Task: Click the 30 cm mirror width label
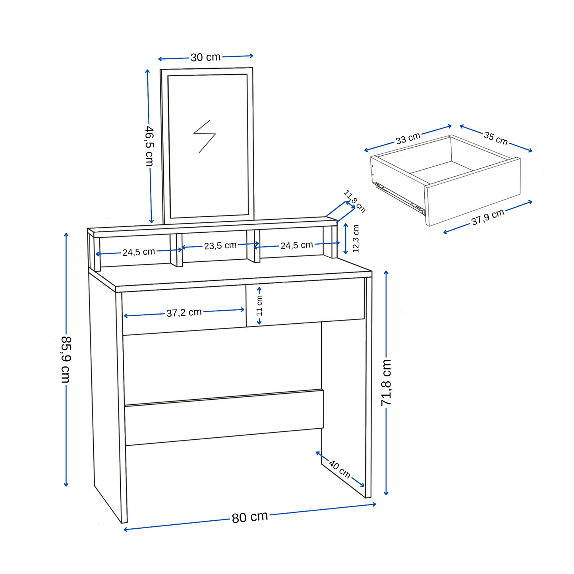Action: click(x=205, y=57)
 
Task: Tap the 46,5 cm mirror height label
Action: click(x=149, y=146)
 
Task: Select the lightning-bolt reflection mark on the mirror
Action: click(x=204, y=136)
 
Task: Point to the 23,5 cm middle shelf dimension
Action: click(x=220, y=246)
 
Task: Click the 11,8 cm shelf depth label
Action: click(x=354, y=201)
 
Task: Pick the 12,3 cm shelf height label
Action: click(x=356, y=238)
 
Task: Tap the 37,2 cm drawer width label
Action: click(x=184, y=313)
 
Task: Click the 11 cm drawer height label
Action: click(x=259, y=305)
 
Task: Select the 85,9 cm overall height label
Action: click(x=66, y=359)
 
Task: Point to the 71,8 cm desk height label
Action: click(x=386, y=382)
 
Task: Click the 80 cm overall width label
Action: click(x=249, y=517)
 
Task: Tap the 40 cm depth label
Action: click(x=340, y=470)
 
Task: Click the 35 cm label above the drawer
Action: click(x=495, y=138)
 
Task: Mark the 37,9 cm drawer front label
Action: click(x=488, y=217)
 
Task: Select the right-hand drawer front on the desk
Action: click(x=305, y=302)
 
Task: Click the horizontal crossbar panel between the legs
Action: click(x=224, y=417)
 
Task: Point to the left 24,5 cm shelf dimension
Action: click(x=138, y=252)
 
